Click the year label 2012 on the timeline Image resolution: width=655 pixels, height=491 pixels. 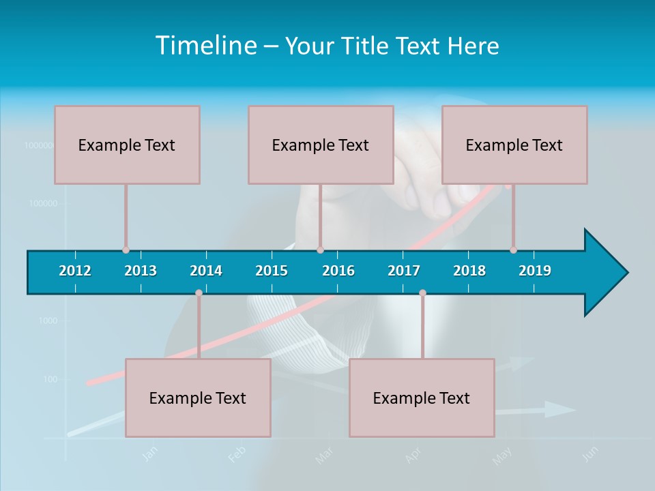tap(75, 271)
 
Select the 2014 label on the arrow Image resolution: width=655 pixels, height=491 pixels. tap(206, 271)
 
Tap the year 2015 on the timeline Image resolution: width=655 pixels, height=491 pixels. tap(272, 271)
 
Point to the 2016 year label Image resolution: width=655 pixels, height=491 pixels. tap(338, 271)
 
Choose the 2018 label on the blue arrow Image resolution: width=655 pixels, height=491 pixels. tap(469, 271)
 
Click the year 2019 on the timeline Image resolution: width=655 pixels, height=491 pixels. tap(535, 271)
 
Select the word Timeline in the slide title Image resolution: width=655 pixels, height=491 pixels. tap(205, 46)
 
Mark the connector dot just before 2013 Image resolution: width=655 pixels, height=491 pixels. tap(126, 250)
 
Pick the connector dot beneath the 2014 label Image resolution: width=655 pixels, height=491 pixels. tap(199, 293)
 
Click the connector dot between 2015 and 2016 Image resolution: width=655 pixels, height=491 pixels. tap(320, 250)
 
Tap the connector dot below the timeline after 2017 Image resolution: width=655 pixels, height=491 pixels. tap(422, 293)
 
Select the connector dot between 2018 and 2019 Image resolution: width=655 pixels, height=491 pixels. tap(513, 250)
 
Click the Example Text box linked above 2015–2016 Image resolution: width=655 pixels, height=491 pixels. tap(321, 145)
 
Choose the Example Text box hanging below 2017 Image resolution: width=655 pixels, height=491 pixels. tap(422, 398)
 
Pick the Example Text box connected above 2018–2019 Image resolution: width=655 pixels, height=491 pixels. tap(514, 145)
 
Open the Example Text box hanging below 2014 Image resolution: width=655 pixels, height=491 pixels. tap(198, 398)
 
